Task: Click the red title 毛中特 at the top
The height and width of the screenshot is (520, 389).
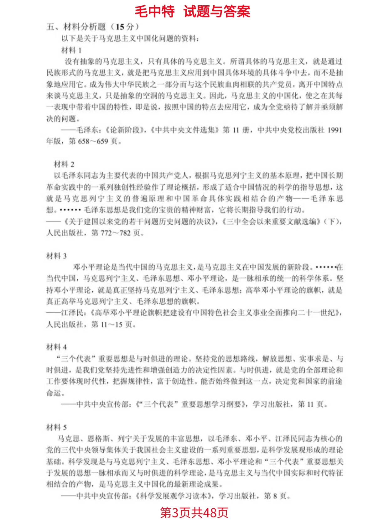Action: [x=155, y=12]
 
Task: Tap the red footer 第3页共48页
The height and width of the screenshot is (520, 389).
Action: [x=194, y=512]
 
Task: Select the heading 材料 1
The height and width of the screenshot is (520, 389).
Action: [x=71, y=50]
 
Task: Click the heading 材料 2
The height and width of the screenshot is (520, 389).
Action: [x=64, y=164]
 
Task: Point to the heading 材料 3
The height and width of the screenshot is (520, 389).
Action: [x=56, y=256]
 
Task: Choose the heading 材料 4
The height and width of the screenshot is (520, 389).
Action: [x=56, y=347]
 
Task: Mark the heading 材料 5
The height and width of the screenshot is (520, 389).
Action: [x=56, y=427]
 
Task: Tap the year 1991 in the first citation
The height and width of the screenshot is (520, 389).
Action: [x=335, y=130]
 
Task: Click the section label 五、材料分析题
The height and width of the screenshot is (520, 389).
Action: [x=76, y=27]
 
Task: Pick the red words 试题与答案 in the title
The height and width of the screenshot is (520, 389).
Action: [x=217, y=12]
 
